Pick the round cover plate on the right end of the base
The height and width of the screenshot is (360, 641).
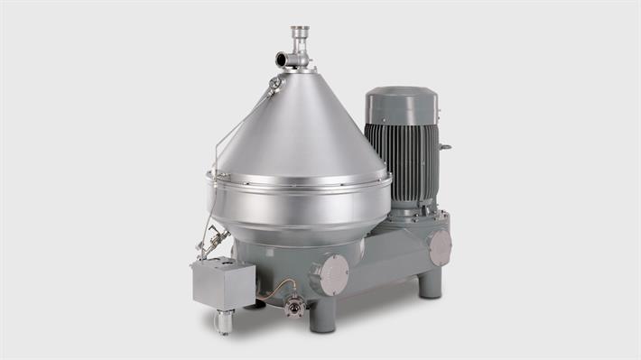[439, 246]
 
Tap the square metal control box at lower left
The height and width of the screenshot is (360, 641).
[222, 285]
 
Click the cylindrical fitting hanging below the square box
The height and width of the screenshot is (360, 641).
[223, 320]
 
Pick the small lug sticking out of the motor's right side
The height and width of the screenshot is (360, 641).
[443, 145]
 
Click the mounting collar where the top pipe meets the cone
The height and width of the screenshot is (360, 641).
[299, 69]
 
